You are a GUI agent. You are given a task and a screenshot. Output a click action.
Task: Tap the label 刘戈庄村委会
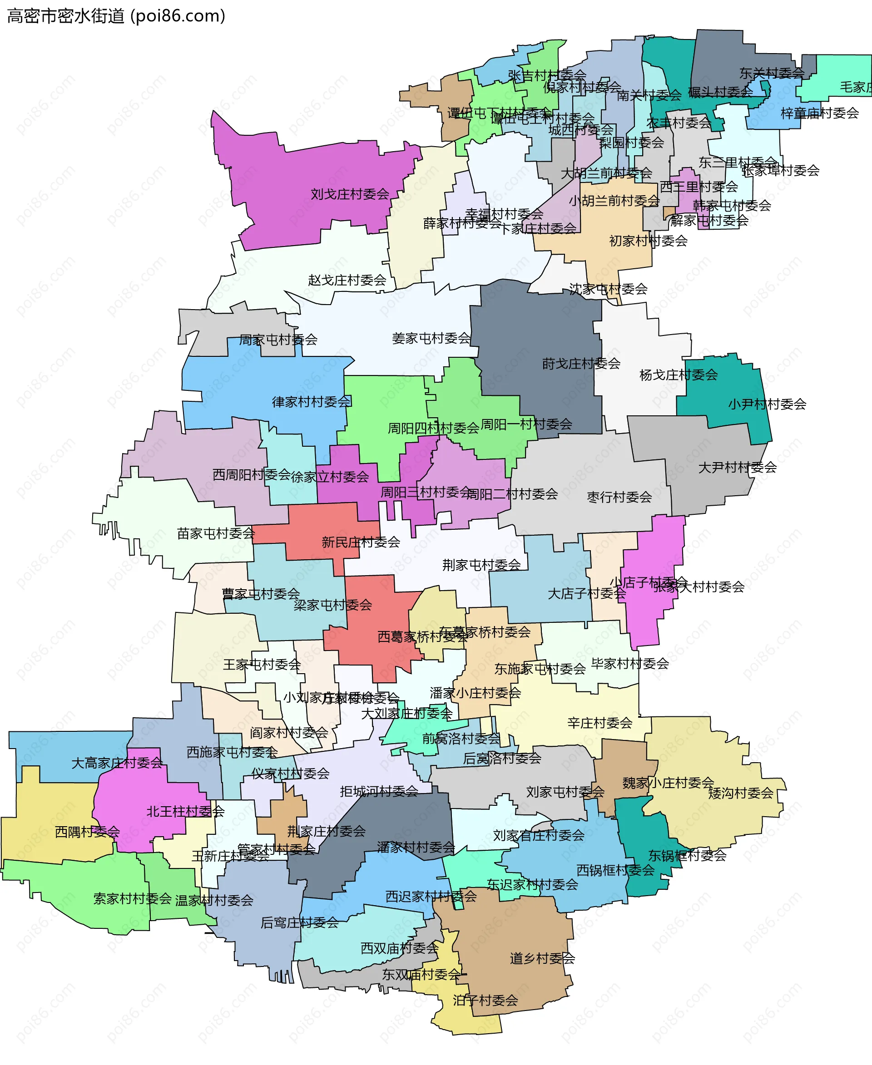coord(350,194)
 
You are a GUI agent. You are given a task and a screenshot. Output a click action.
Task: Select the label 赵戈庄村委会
coord(347,280)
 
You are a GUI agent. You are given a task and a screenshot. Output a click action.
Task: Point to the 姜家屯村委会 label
coord(431,338)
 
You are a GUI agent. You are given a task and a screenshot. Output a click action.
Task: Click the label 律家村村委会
coord(312,402)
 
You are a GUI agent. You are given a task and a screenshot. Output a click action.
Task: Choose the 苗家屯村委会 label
coord(216,534)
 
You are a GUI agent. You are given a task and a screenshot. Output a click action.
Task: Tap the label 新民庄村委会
coord(361,542)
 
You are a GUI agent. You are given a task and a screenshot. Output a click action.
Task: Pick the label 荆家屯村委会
coord(481,565)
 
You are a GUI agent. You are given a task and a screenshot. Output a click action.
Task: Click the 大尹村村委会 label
coord(738,468)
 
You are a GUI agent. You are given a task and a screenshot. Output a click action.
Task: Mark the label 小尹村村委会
coord(767,404)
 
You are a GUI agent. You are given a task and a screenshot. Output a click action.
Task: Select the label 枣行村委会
coord(619,497)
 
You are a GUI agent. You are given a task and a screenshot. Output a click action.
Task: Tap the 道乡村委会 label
coord(542,959)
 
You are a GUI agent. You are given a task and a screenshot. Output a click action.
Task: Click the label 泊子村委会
coord(485,1000)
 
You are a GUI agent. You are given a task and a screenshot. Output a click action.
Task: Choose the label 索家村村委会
coord(133,898)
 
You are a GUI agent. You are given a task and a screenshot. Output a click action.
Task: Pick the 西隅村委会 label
coord(87,832)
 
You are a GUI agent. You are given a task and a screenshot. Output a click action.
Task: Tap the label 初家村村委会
coord(648,241)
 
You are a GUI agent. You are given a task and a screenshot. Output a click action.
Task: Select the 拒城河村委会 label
coord(379,792)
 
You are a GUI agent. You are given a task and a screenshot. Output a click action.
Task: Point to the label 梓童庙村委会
coord(819,113)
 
